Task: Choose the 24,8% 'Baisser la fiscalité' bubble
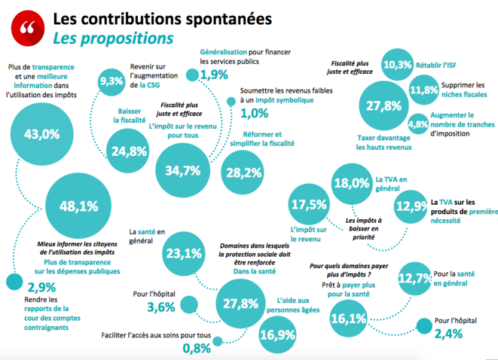(x=128, y=151)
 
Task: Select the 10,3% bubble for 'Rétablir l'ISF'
(x=397, y=65)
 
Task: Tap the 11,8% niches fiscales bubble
(x=423, y=90)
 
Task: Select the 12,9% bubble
(x=410, y=206)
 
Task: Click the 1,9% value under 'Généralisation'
(x=214, y=75)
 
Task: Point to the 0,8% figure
(x=196, y=348)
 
